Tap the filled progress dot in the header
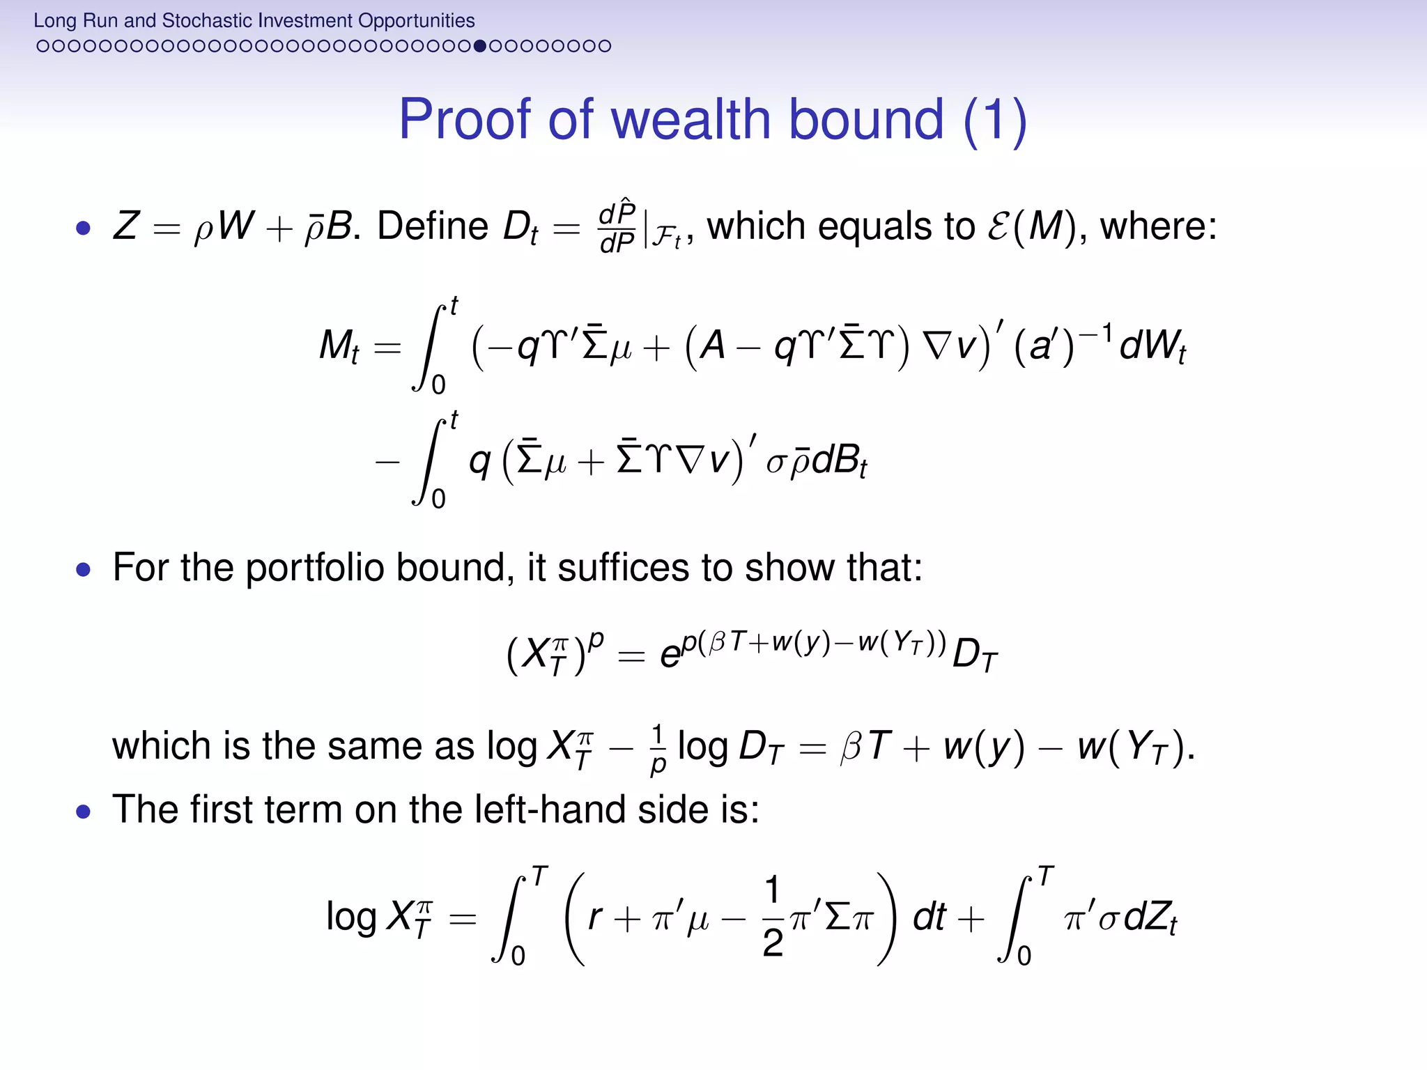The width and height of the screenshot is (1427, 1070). [479, 46]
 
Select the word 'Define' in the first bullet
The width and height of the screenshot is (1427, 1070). [433, 226]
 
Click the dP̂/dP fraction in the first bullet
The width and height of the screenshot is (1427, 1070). [617, 226]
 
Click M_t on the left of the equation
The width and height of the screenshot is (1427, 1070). [339, 346]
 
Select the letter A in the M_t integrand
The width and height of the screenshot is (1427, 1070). [712, 346]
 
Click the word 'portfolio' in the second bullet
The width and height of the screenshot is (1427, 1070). [314, 568]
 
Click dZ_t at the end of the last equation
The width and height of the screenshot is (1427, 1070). [1150, 917]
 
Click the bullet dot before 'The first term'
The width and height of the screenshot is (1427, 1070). [84, 811]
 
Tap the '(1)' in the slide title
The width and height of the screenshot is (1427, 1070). [995, 120]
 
